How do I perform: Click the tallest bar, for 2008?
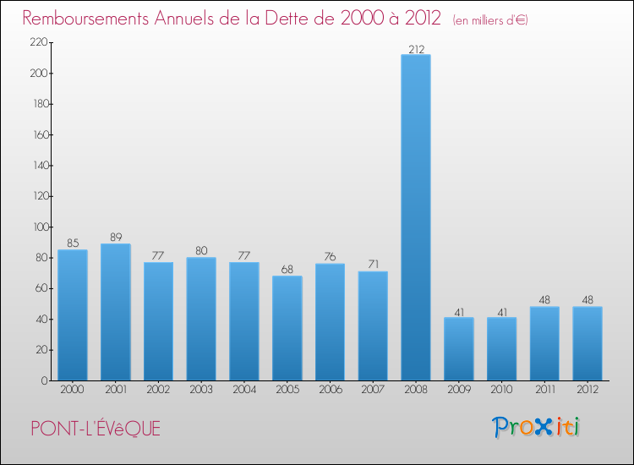[x=416, y=217]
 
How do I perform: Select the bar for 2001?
[x=115, y=312]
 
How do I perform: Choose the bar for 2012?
[x=588, y=343]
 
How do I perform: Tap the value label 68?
[x=287, y=269]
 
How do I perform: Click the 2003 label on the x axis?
[x=201, y=390]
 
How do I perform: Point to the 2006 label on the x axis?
[x=330, y=390]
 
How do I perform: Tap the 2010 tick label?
[x=502, y=390]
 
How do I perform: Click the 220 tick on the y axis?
[x=38, y=43]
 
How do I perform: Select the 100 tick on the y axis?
[x=38, y=227]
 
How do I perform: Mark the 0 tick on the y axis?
[x=44, y=380]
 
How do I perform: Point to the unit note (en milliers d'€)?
[x=489, y=20]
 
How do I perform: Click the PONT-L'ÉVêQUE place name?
[x=95, y=429]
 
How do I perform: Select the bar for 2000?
[x=73, y=315]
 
